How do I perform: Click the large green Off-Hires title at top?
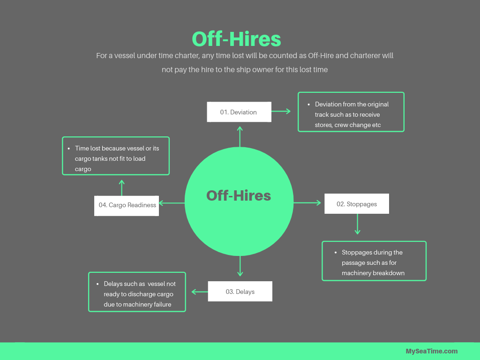click(x=236, y=39)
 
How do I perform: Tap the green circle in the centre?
click(x=239, y=202)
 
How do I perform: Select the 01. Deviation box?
click(x=239, y=112)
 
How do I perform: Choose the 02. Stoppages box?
click(x=357, y=204)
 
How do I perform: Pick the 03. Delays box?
click(x=240, y=292)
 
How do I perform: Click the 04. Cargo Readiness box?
click(x=127, y=205)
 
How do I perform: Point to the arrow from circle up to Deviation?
click(x=240, y=136)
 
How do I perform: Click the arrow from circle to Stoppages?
click(x=307, y=203)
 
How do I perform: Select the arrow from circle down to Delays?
click(x=240, y=266)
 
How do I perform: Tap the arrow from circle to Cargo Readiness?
click(x=172, y=203)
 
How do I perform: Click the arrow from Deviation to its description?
click(x=281, y=111)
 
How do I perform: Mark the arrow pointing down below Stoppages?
click(x=358, y=224)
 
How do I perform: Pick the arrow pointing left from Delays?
click(x=200, y=292)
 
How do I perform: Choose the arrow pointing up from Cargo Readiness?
click(x=121, y=187)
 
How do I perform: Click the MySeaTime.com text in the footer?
click(x=432, y=351)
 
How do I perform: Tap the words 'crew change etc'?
click(x=358, y=125)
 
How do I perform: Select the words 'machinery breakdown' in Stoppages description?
click(x=373, y=273)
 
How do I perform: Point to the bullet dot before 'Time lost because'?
click(x=69, y=148)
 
